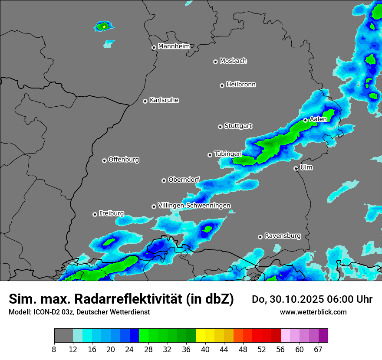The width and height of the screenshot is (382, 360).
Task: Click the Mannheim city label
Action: [x=174, y=46]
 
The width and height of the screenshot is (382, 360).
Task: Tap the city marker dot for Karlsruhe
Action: [x=145, y=101]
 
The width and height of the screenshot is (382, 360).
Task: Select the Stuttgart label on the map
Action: [x=238, y=126]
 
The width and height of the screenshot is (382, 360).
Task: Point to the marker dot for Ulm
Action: [x=296, y=168]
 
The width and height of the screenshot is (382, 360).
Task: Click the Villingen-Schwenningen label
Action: [x=194, y=205]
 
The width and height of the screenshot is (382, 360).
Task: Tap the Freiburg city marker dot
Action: [x=95, y=214]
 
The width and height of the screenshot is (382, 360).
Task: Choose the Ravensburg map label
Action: [x=282, y=236]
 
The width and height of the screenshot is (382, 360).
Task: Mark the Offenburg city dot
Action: [x=104, y=160]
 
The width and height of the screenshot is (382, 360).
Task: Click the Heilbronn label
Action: [x=241, y=84]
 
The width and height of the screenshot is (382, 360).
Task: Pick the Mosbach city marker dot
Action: [x=215, y=62]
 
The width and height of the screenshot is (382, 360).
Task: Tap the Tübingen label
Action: [x=227, y=154]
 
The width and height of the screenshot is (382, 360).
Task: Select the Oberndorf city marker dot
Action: [x=164, y=180]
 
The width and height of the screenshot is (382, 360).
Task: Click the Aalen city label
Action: [x=318, y=119]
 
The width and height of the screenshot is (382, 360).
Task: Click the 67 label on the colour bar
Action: [x=318, y=349]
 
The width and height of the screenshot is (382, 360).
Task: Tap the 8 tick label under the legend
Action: [x=54, y=349]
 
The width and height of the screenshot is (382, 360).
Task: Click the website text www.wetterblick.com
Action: [x=313, y=312]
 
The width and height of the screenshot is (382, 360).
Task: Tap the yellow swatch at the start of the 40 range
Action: [x=200, y=336]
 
